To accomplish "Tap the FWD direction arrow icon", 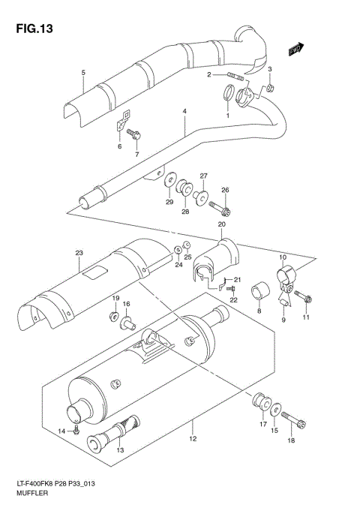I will (x=295, y=49).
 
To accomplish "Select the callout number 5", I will (x=84, y=72).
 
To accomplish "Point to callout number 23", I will (x=77, y=254).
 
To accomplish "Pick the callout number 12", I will (x=193, y=439).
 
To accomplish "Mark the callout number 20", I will (x=221, y=224).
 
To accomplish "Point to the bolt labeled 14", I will (x=76, y=431).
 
